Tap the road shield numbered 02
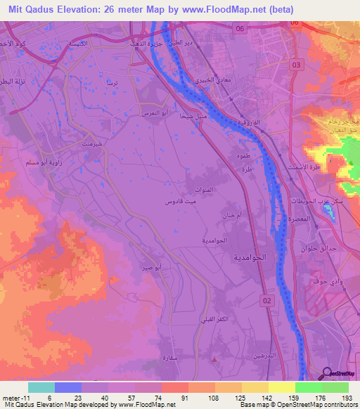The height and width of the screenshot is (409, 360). pos(266,300)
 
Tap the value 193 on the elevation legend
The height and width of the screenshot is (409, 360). pos(345,398)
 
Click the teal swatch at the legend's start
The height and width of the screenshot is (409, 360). pos(41,387)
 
